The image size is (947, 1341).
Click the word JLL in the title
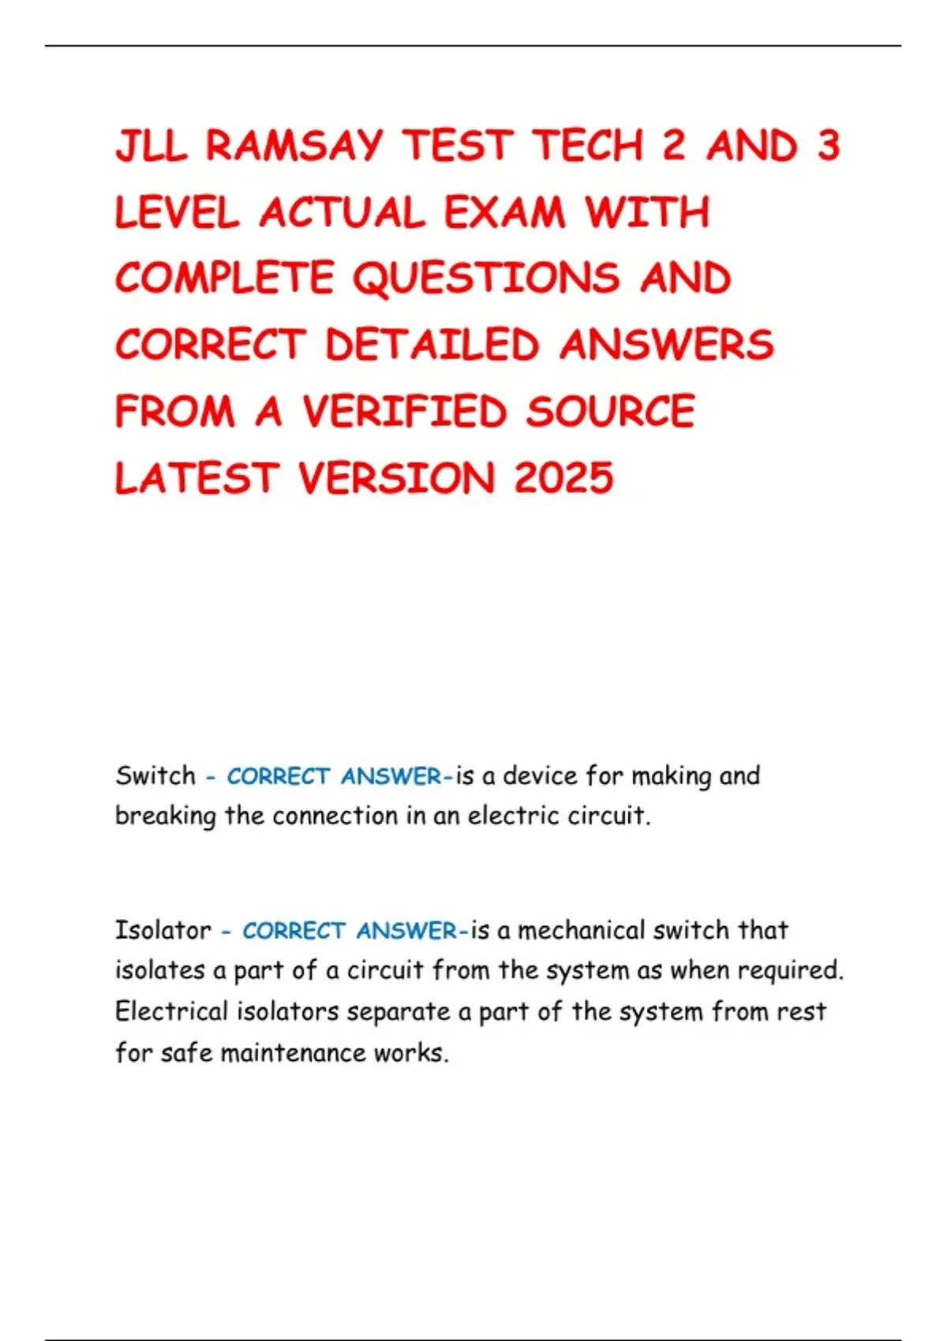click(151, 146)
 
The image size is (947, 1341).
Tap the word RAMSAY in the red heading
click(294, 146)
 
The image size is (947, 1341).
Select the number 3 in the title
click(828, 146)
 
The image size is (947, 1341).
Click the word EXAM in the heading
click(504, 212)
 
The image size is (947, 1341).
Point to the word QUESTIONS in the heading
click(486, 278)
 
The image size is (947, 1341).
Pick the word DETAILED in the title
click(432, 345)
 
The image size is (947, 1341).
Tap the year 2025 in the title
click(563, 478)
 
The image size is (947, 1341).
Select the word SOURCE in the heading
click(610, 411)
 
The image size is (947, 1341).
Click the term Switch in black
click(155, 775)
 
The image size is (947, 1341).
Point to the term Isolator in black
click(163, 930)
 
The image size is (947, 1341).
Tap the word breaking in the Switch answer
click(165, 816)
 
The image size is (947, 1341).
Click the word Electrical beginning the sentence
click(171, 1011)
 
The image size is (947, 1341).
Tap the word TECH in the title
click(587, 146)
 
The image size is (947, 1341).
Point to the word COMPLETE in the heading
click(224, 278)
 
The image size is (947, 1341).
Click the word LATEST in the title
click(197, 478)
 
